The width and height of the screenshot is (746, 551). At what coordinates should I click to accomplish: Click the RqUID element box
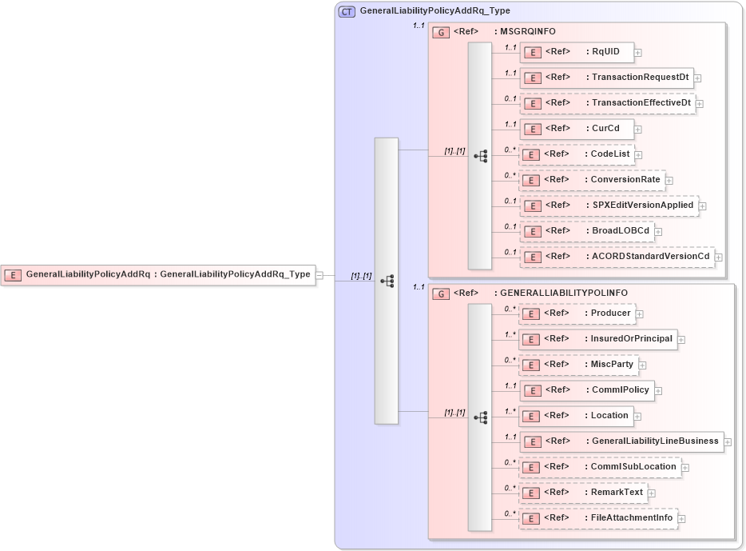pos(577,53)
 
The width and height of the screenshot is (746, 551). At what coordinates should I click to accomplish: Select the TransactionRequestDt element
pos(606,78)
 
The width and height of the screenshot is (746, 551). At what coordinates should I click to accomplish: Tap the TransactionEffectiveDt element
pos(608,103)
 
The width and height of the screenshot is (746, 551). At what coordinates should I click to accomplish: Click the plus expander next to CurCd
pos(638,130)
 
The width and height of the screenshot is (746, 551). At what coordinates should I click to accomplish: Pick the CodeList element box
pos(577,154)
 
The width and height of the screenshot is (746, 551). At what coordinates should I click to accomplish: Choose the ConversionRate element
pos(592,180)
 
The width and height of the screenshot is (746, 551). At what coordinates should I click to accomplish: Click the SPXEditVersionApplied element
pos(609,206)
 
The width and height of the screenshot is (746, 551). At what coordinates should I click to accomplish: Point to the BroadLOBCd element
pos(587,231)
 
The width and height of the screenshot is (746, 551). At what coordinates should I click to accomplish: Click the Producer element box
pos(577,313)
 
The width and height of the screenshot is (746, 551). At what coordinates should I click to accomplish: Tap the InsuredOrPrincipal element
pos(597,339)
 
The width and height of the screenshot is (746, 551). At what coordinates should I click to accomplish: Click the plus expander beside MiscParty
pos(643,365)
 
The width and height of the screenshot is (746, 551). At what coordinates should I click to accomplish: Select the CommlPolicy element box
pos(587,390)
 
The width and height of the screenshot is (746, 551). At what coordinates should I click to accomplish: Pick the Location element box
pos(576,416)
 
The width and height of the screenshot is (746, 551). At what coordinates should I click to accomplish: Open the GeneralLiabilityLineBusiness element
pos(621,441)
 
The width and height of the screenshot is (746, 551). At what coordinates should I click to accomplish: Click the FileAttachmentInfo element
pos(597,518)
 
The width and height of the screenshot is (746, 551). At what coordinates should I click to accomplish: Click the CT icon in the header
pos(347,11)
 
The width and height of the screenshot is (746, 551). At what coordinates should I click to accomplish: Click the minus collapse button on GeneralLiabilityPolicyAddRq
pos(319,275)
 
